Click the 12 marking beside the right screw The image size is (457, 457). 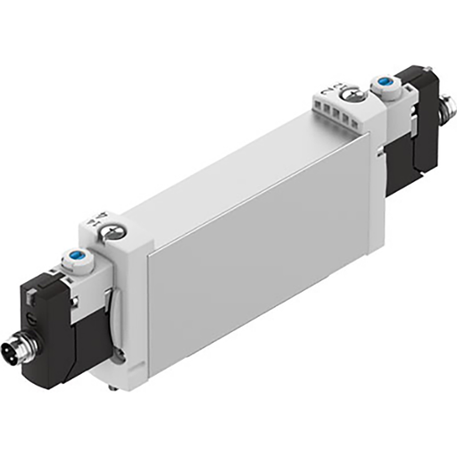point(328,87)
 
